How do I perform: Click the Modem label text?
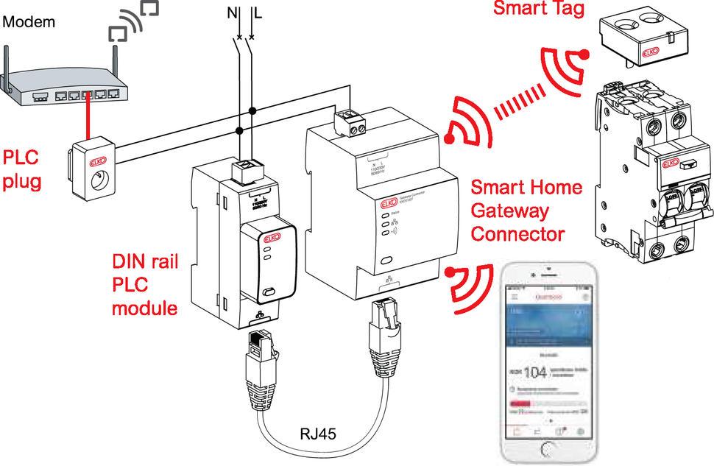click(29, 22)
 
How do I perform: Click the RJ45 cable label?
click(318, 434)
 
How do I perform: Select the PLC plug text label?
click(22, 170)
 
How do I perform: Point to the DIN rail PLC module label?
click(145, 284)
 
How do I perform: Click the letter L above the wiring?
click(257, 12)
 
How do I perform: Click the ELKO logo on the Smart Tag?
click(651, 53)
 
